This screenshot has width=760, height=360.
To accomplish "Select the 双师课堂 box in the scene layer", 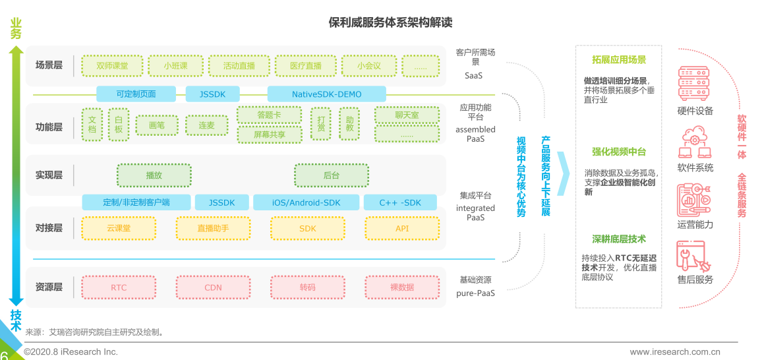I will pyautogui.click(x=111, y=66).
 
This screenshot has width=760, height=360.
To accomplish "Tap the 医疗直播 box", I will pyautogui.click(x=306, y=66).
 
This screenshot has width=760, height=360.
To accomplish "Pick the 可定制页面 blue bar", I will pyautogui.click(x=136, y=94).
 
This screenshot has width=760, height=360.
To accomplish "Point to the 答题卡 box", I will pyautogui.click(x=269, y=115).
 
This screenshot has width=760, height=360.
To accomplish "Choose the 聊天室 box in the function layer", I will pyautogui.click(x=406, y=115).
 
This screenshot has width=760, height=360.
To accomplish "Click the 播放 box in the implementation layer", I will pyautogui.click(x=154, y=175).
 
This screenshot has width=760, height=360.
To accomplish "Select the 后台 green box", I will pyautogui.click(x=331, y=175).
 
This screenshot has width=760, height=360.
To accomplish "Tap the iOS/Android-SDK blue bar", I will pyautogui.click(x=306, y=202).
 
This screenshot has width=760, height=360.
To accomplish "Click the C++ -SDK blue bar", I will pyautogui.click(x=400, y=202).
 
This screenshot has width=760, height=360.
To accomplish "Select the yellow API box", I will pyautogui.click(x=402, y=228).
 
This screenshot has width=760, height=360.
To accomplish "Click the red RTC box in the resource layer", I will pyautogui.click(x=119, y=287).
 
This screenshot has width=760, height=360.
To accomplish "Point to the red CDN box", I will pyautogui.click(x=213, y=287).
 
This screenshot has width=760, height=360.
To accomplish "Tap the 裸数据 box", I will pyautogui.click(x=402, y=287).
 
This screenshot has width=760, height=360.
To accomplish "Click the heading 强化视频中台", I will pyautogui.click(x=619, y=152).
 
